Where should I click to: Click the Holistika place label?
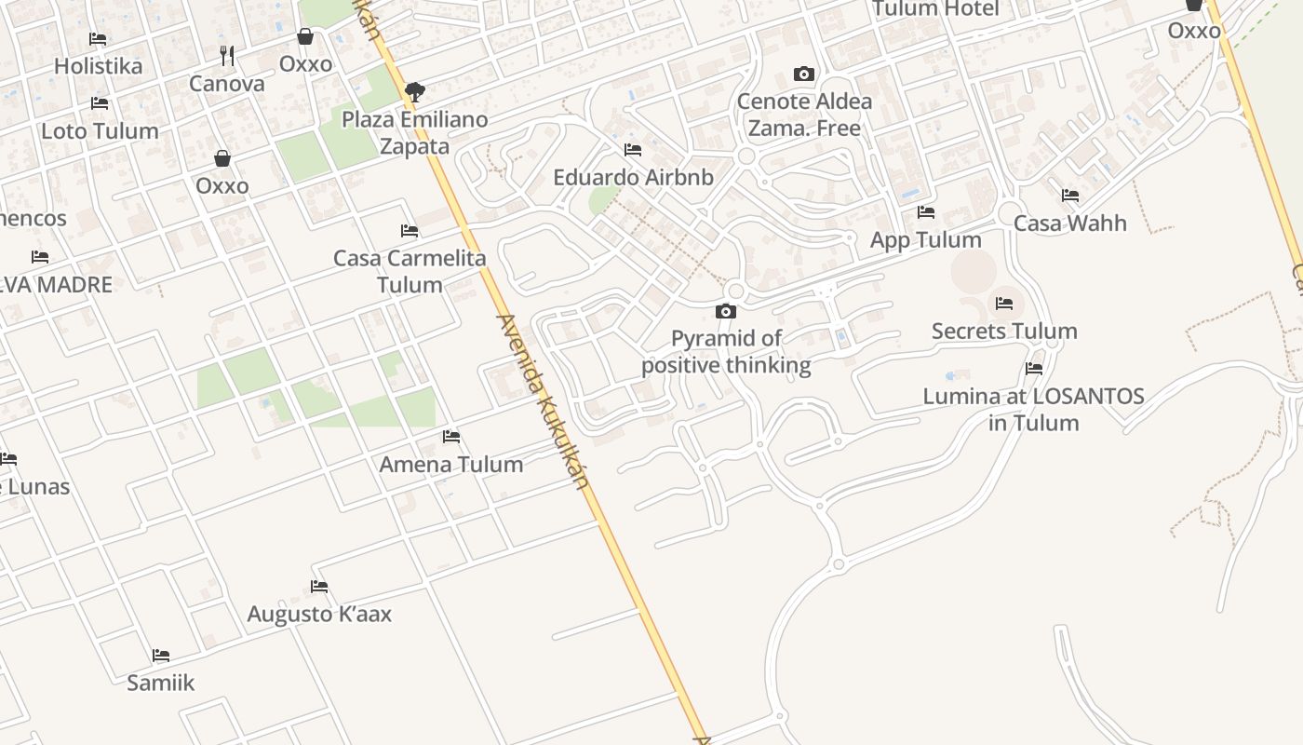(98, 66)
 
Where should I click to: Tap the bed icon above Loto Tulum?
(100, 103)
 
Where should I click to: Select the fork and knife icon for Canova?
(227, 56)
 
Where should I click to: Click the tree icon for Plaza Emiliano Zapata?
(415, 91)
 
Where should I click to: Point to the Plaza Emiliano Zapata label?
(415, 133)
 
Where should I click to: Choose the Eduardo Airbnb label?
(633, 177)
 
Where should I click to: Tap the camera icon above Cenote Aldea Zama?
(803, 74)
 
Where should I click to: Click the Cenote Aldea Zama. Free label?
(804, 115)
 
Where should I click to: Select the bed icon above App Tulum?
(925, 212)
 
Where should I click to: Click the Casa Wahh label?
(1069, 223)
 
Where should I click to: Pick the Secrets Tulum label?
(1004, 331)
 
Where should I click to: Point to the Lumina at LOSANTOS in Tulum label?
(1033, 409)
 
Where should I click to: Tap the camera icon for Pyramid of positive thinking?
(726, 312)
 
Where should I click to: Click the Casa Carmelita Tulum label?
(410, 271)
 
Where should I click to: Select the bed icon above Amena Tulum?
(451, 436)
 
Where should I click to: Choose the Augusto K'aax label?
(319, 614)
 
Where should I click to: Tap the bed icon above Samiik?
(161, 656)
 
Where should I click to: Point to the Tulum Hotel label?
(935, 9)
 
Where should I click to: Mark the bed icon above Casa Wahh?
(1070, 196)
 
